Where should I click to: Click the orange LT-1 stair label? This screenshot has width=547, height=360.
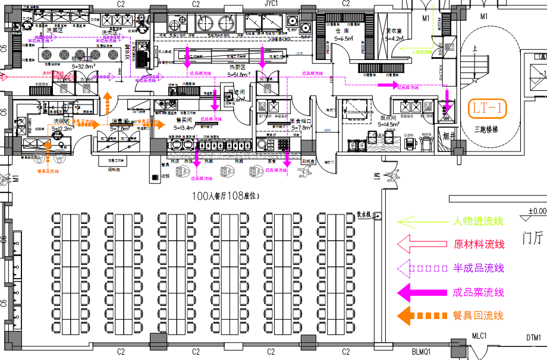(487, 109)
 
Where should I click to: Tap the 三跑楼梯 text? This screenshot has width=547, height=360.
(486, 128)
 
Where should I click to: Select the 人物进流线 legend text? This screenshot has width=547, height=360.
(478, 222)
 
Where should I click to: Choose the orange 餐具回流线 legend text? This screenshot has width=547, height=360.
(478, 315)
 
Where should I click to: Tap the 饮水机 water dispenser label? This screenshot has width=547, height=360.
(363, 214)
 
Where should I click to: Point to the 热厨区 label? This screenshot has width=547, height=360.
(238, 67)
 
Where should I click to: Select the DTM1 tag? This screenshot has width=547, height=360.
(533, 339)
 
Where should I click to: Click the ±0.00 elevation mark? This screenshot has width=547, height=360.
(537, 211)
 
